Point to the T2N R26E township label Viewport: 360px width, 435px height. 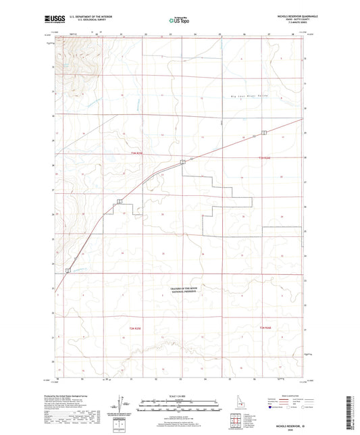[x=265, y=328]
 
